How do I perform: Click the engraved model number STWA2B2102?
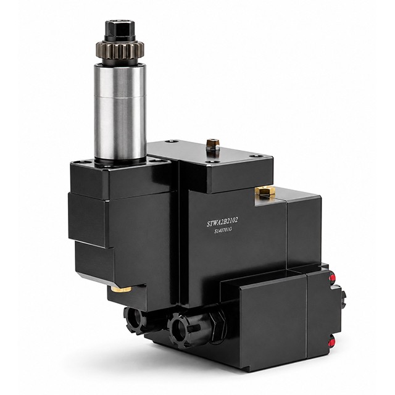point(222,222)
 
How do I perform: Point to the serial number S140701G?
point(223,230)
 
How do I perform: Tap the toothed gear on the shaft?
point(120,49)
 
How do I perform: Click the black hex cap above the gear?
point(120,30)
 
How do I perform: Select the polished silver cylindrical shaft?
point(120,112)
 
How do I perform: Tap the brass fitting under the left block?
point(121,289)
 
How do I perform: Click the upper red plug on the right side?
point(332,278)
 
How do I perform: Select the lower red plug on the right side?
point(332,342)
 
